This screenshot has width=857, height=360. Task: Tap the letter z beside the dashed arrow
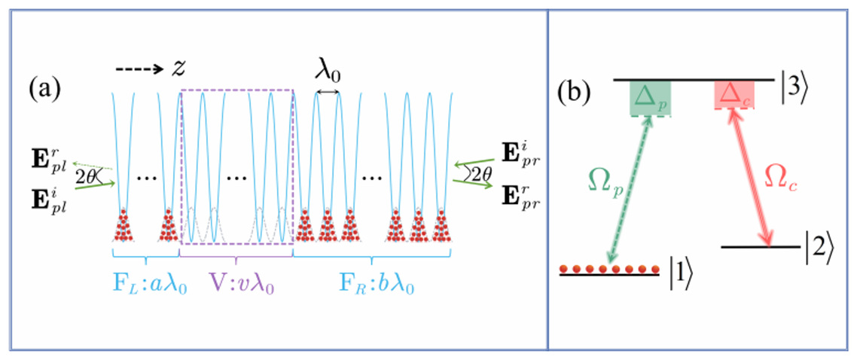point(179,68)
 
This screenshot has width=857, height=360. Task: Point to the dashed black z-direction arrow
point(141,69)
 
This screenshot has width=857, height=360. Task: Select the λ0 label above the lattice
point(328,72)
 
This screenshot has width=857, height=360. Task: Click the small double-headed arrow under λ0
point(328,93)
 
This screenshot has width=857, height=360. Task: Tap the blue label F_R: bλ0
point(372,286)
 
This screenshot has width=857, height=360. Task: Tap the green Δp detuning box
point(651,99)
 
